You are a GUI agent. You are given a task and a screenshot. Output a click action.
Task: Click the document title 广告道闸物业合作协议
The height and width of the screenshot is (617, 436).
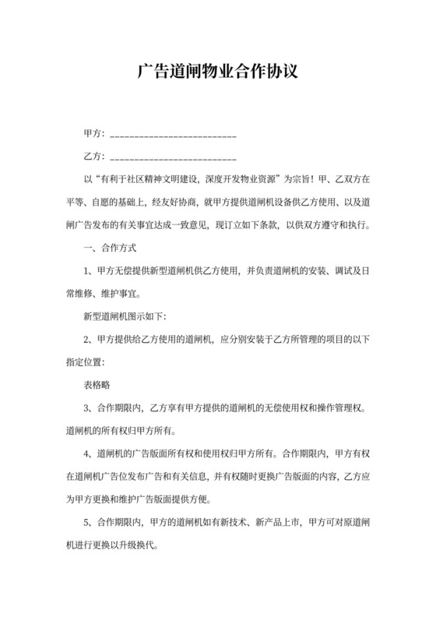[217, 72]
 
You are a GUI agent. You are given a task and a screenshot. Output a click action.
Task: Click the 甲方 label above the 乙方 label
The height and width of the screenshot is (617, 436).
[92, 133]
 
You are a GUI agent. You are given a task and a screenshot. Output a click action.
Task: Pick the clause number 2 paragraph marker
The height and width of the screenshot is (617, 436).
[86, 339]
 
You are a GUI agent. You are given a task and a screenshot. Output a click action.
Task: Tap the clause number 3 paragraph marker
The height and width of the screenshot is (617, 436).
[86, 407]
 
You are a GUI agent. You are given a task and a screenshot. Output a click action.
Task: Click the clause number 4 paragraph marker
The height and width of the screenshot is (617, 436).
[86, 453]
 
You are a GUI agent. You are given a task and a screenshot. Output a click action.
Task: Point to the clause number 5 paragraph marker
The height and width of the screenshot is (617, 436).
[86, 521]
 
